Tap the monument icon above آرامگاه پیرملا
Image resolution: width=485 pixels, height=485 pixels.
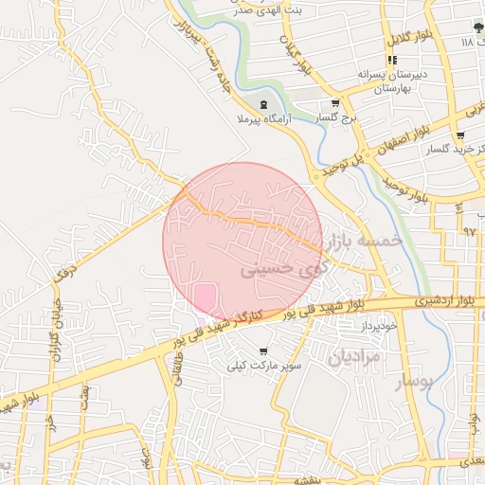[263, 104]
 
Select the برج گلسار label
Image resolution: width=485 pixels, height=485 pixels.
[333, 117]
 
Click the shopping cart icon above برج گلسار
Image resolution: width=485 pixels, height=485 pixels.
[334, 103]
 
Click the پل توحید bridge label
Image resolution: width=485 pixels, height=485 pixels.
[339, 167]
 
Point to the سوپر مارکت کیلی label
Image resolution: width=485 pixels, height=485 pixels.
[263, 365]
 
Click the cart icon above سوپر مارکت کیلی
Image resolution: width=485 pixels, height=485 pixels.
[263, 351]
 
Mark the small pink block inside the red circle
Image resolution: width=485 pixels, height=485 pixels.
[205, 296]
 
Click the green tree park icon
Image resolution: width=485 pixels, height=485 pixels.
[478, 27]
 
